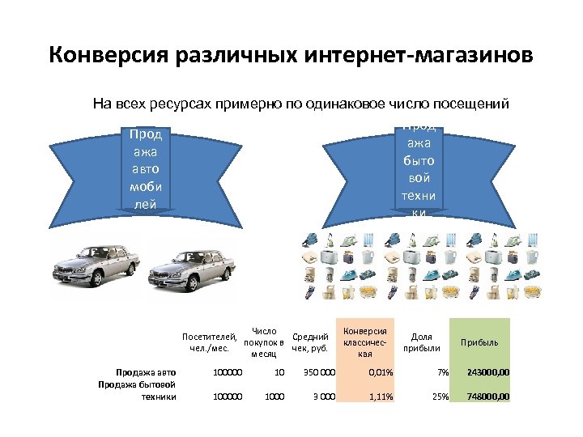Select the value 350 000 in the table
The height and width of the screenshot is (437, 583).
click(318, 373)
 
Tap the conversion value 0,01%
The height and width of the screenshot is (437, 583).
click(380, 373)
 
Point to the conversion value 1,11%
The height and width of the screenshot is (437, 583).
click(380, 397)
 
